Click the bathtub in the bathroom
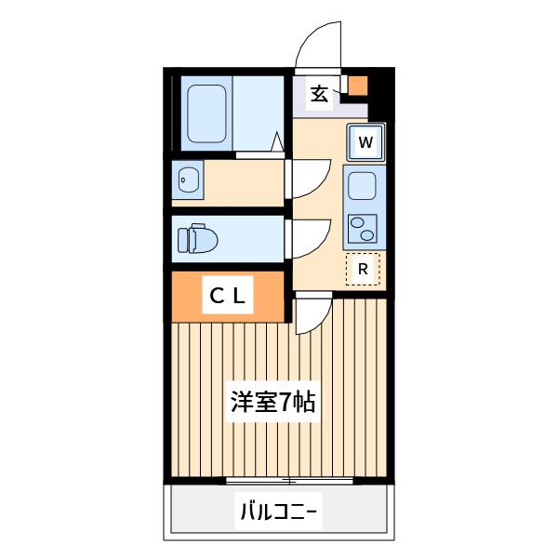click(206, 113)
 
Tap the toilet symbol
click(197, 238)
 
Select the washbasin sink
click(188, 179)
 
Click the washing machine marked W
click(365, 142)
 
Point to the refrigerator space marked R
click(363, 269)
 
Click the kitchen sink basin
click(362, 186)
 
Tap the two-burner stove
click(362, 229)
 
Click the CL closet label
click(228, 296)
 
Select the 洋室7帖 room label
click(273, 402)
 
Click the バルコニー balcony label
click(279, 511)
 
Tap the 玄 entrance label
click(319, 94)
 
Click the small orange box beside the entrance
click(357, 86)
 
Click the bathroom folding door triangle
click(277, 141)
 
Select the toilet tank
click(183, 241)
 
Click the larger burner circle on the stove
click(367, 235)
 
